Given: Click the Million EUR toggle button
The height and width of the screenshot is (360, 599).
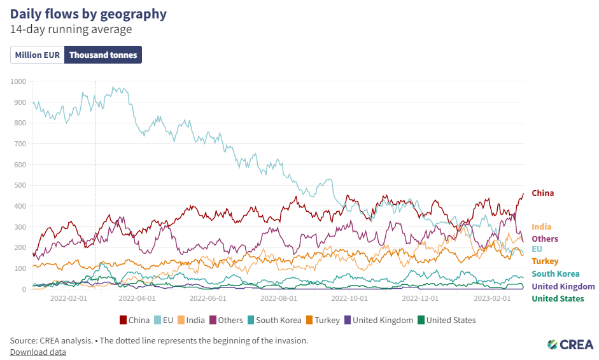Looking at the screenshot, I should pos(38,55).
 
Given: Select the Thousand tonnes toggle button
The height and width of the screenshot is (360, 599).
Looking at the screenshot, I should pos(103,55).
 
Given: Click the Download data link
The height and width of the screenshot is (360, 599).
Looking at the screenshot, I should pos(38,352).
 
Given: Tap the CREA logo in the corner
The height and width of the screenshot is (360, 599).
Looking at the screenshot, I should pos(570,344).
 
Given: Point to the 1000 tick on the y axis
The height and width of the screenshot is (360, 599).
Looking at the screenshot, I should pos(18,81).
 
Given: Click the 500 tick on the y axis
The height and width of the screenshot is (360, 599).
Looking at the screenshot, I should pos(20,185).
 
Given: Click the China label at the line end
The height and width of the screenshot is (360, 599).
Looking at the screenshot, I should pos(542,193).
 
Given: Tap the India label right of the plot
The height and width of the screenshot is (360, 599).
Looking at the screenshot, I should pos(541,227).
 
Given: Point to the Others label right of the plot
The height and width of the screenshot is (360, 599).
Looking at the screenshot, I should pos(545,239).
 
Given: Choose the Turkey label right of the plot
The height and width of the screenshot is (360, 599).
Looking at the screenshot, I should pos(545,261).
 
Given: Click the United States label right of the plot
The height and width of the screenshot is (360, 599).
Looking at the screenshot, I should pos(558,298).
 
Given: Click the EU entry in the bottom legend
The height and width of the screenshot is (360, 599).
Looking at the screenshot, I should pos(164,320).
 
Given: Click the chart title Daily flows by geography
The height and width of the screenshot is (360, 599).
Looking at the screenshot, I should pos(88,14).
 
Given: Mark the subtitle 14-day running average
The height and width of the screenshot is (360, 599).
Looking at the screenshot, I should pos(71,30).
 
